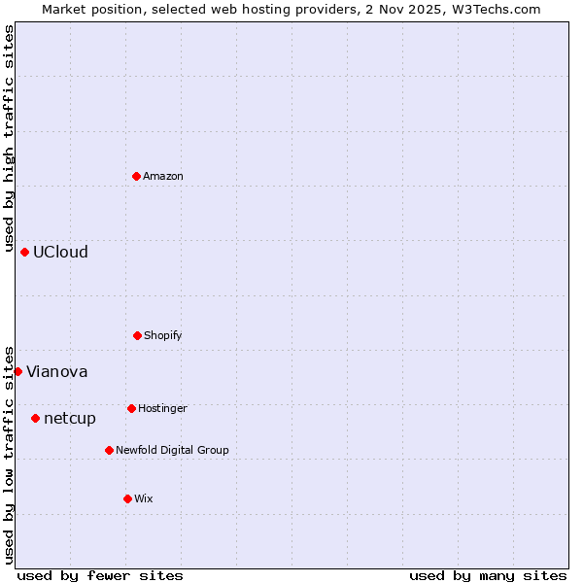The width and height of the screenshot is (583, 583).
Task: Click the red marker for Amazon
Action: click(x=136, y=176)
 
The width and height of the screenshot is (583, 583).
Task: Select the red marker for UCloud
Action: click(x=24, y=252)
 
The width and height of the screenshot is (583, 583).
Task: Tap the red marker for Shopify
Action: click(x=137, y=335)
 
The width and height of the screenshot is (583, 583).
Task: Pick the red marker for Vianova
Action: click(x=17, y=371)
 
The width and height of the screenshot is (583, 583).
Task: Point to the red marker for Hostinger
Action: click(x=131, y=408)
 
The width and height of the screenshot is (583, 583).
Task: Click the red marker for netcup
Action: click(x=35, y=418)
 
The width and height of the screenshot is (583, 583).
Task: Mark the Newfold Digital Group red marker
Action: click(x=109, y=450)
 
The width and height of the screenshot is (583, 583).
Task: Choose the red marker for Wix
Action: click(x=127, y=498)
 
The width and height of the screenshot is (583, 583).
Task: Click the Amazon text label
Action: click(x=163, y=176)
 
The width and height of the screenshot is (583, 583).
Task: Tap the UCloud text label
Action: click(x=60, y=252)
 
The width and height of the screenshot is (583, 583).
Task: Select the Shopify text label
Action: click(x=163, y=335)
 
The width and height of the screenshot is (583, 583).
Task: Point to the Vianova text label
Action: click(x=56, y=371)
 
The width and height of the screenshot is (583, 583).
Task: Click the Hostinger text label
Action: click(x=162, y=408)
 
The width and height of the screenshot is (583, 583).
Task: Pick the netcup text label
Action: click(x=70, y=418)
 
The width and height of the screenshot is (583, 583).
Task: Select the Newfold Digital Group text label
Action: click(x=172, y=450)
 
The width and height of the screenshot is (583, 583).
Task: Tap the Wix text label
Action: click(x=144, y=498)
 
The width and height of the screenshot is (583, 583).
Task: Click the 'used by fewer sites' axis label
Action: click(x=100, y=575)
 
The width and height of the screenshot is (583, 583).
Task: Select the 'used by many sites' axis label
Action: click(x=488, y=575)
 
